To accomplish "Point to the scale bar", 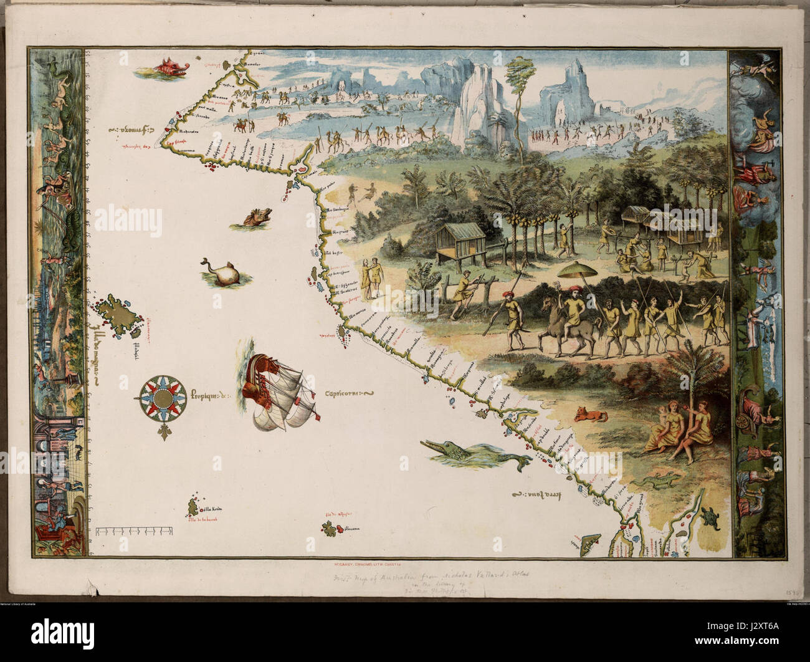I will coord(135,531).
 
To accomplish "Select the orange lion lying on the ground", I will coord(589,413).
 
